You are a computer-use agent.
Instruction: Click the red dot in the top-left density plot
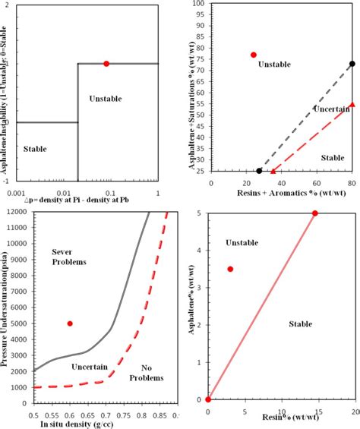coord(106,64)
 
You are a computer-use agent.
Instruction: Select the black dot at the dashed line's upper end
coord(352,64)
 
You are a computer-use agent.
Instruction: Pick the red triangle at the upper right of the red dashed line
coord(352,104)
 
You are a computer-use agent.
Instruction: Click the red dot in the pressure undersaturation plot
coord(70,323)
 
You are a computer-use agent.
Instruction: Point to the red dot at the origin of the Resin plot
coord(208,399)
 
